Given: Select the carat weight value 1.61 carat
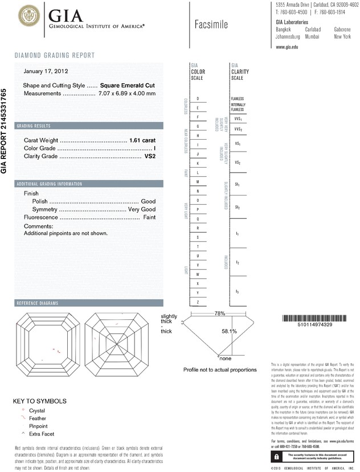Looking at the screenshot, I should (x=142, y=140).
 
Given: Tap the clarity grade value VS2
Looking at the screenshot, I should (x=150, y=156).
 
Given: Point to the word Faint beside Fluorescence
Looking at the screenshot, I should (x=149, y=217).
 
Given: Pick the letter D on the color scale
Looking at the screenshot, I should (x=198, y=99).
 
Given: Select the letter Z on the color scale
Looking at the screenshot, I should (x=198, y=301).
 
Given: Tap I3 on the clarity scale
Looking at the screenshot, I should (x=238, y=292).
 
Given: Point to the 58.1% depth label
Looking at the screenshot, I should (x=228, y=331).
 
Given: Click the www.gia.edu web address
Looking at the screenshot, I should (x=287, y=47).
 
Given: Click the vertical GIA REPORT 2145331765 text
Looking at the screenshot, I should (x=5, y=131).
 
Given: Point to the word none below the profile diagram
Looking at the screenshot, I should (x=226, y=359).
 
